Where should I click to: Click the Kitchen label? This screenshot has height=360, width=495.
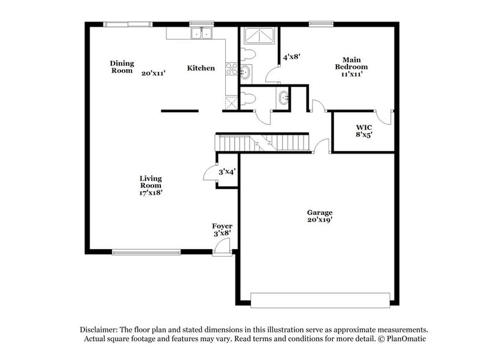point(201,68)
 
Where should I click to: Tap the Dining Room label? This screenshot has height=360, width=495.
point(121,67)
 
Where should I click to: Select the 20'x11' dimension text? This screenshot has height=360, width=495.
point(154,73)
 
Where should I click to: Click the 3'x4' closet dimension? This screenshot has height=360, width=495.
point(228,171)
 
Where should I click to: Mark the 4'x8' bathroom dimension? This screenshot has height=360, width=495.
point(291,57)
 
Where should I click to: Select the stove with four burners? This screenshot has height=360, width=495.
point(231,69)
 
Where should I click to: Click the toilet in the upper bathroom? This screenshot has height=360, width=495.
point(249,54)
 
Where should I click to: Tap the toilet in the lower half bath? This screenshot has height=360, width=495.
point(248,97)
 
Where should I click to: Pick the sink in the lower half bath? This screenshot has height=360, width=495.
point(283,98)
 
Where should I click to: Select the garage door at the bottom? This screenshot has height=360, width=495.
point(320,299)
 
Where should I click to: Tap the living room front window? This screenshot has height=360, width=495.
point(146,251)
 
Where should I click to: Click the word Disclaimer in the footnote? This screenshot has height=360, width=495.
point(102,329)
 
